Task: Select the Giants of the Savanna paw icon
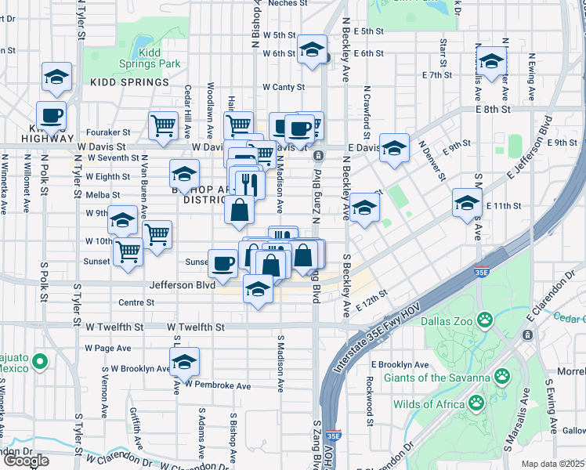click(501, 378)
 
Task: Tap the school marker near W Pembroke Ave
click(184, 363)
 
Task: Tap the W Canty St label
click(283, 87)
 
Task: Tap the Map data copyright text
click(552, 464)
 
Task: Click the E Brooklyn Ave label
click(400, 364)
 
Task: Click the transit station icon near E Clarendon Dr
click(528, 334)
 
